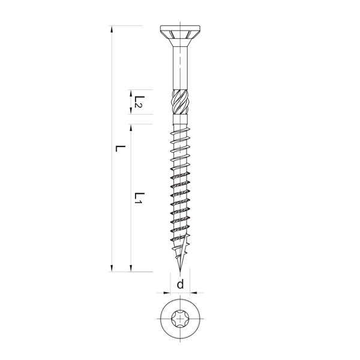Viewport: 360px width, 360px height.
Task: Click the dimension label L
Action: (x=120, y=149)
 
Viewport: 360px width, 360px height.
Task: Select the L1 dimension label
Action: (x=139, y=198)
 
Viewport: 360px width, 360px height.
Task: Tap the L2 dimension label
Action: (x=139, y=102)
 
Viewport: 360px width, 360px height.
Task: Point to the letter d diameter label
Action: (x=180, y=284)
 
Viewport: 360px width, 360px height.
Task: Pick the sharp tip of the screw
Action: (x=180, y=272)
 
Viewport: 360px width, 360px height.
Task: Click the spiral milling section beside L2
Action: (x=180, y=102)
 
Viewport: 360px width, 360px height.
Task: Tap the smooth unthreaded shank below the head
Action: (x=180, y=68)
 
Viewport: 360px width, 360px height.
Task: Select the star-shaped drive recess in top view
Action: (x=180, y=319)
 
